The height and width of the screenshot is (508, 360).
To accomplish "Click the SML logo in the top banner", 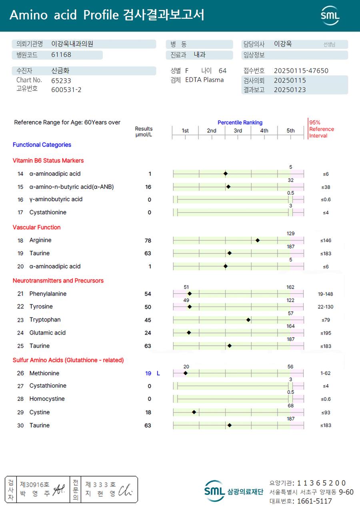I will click(x=330, y=16).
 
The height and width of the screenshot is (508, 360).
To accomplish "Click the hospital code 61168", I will click(x=61, y=55).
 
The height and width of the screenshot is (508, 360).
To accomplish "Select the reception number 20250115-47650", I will click(x=301, y=71).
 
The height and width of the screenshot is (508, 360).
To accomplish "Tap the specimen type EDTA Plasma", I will click(x=204, y=80).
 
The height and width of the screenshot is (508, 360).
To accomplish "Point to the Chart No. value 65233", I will click(x=61, y=80).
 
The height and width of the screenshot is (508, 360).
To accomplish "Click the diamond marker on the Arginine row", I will click(x=258, y=240).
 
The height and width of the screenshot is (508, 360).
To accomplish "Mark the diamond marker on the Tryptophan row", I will click(x=248, y=320).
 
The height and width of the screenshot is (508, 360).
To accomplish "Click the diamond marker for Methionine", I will click(x=185, y=373).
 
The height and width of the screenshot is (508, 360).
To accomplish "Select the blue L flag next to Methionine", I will click(x=158, y=373).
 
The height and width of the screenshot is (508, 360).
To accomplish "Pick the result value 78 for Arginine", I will click(x=148, y=241).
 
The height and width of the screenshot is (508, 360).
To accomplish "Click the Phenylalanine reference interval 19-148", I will click(x=325, y=294).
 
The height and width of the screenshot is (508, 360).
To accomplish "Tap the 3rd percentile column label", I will click(x=238, y=131).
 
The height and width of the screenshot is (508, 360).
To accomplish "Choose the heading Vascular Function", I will click(x=36, y=227).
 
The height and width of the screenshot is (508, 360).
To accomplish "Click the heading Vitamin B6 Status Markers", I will click(x=48, y=161).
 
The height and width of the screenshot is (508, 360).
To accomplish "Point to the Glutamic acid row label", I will click(x=47, y=333).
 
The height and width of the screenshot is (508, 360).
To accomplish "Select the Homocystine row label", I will click(x=47, y=399).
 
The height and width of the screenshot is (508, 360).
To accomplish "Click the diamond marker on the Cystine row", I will click(x=194, y=412).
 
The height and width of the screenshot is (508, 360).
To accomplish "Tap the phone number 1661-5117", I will click(x=315, y=501).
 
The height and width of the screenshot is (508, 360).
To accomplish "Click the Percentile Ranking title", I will click(x=240, y=122).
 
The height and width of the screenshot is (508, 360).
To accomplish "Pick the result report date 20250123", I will click(x=290, y=90).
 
